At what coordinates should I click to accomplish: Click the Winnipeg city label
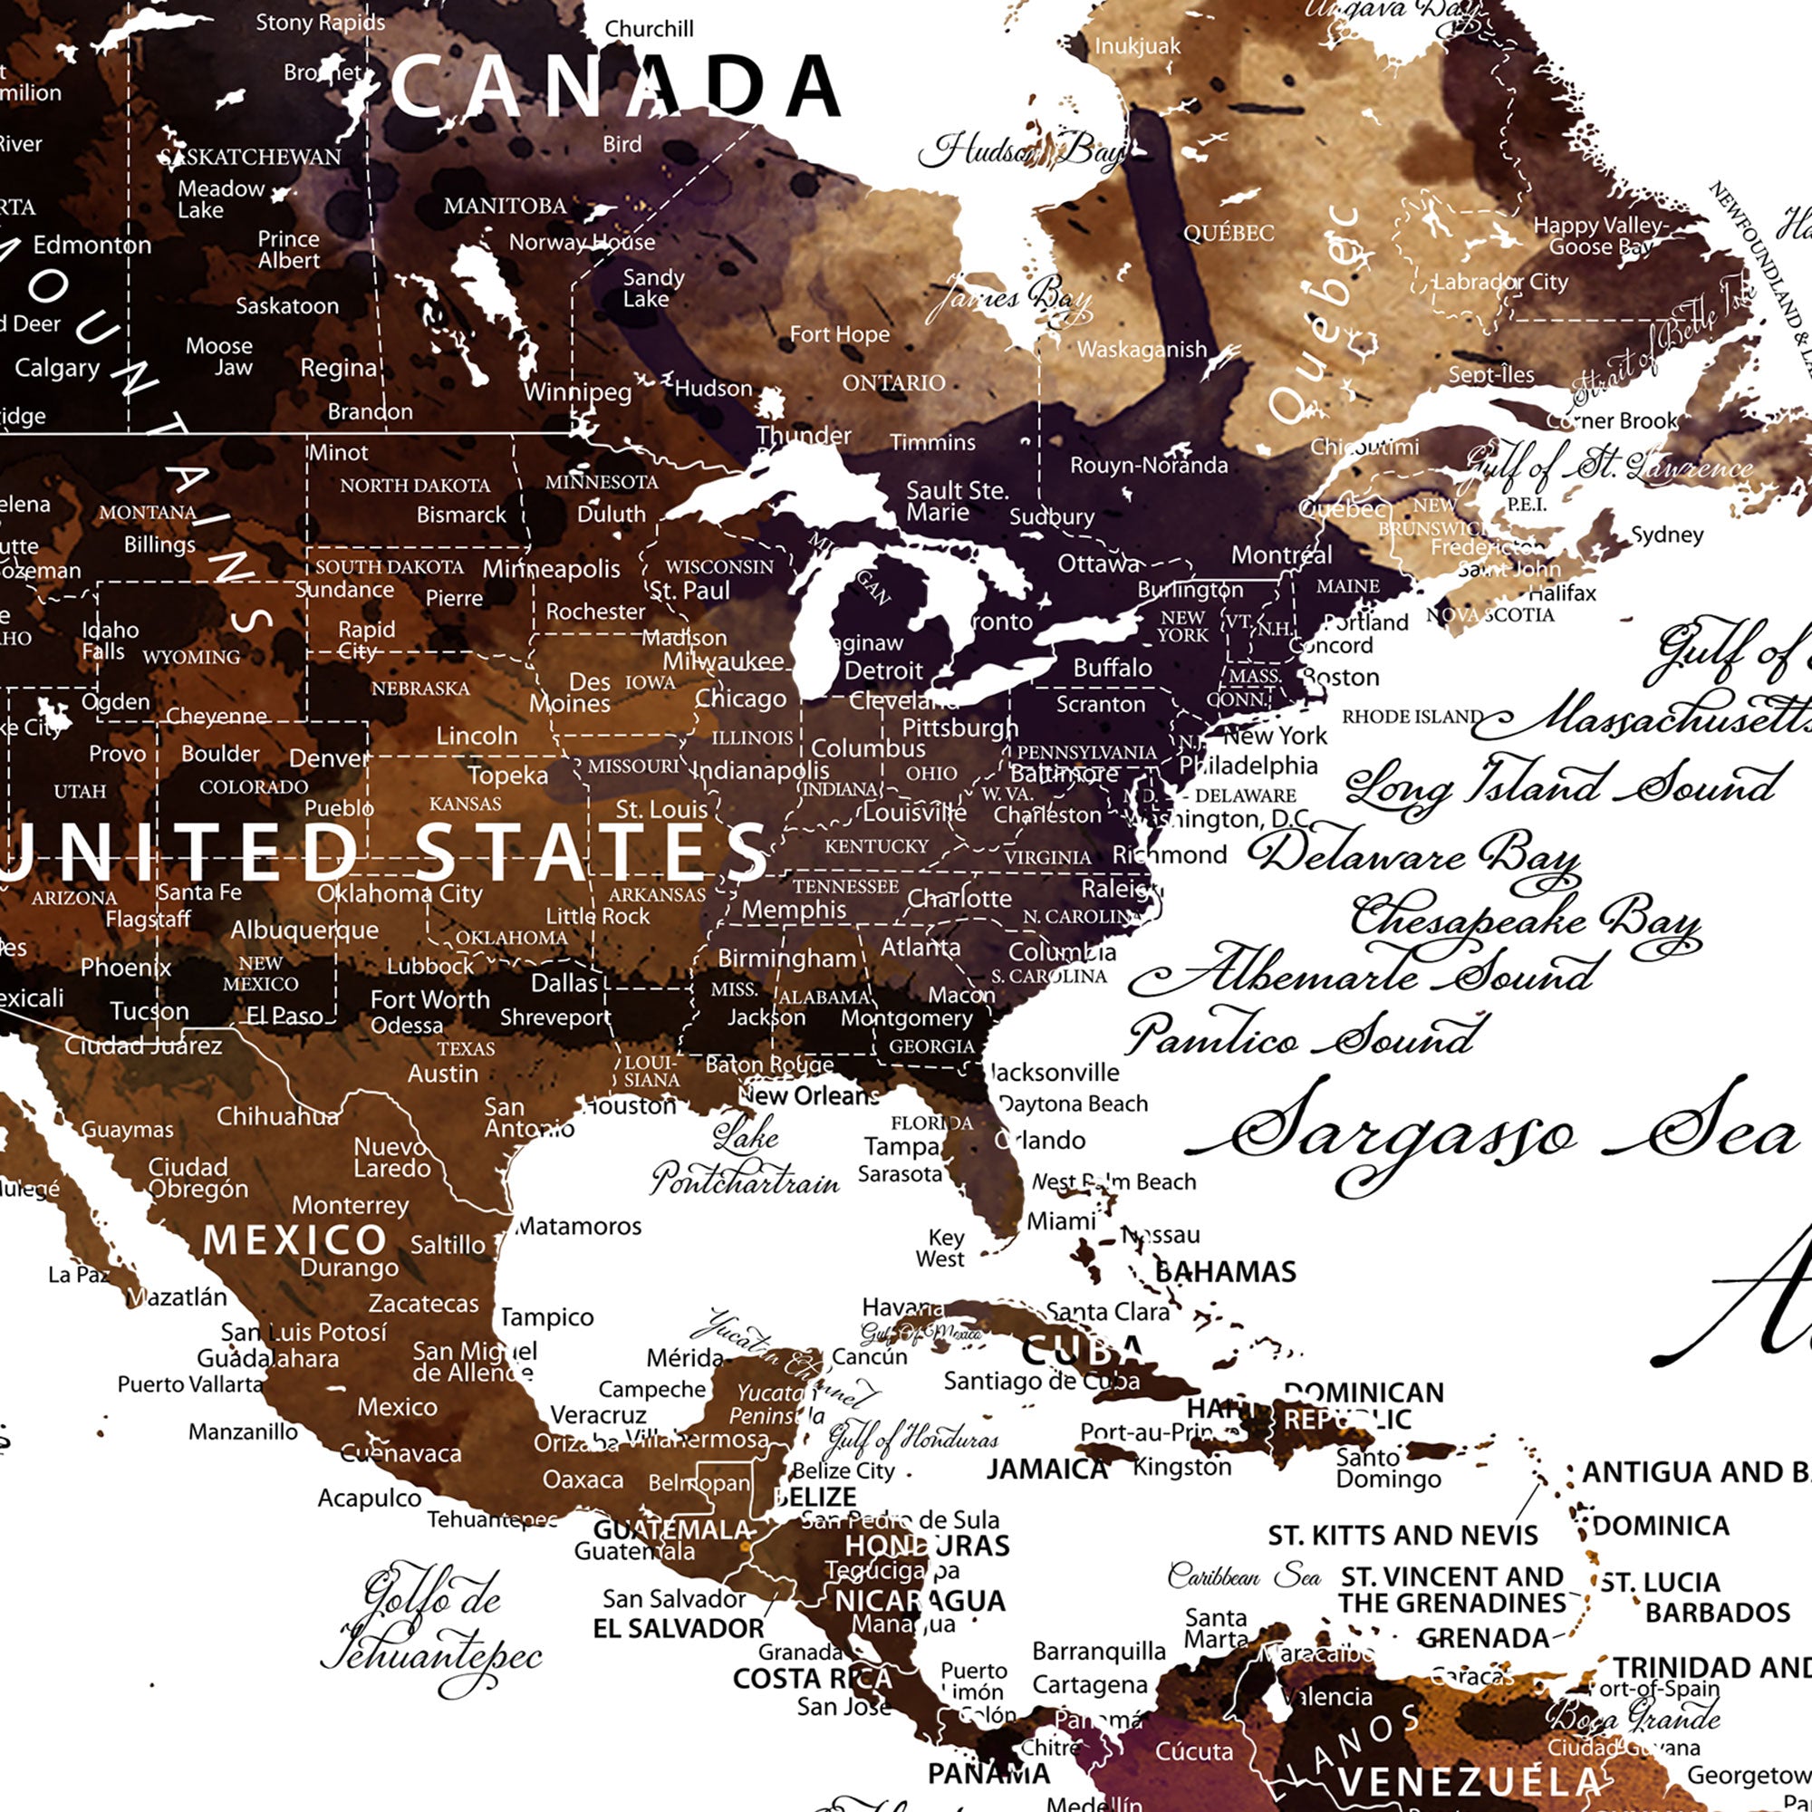(x=578, y=391)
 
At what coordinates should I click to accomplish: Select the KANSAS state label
(x=465, y=804)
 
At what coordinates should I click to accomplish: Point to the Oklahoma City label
(x=400, y=893)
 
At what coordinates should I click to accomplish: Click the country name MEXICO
(x=294, y=1241)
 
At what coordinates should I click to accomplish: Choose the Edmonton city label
(x=92, y=246)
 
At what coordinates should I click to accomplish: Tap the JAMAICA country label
(x=1046, y=1469)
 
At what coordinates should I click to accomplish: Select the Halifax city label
(x=1562, y=593)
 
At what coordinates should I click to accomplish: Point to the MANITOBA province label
(x=505, y=206)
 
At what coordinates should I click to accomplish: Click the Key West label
(x=940, y=1248)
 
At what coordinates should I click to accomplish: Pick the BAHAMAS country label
(x=1225, y=1272)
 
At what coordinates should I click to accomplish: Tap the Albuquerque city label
(x=304, y=930)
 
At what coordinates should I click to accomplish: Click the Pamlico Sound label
(x=1306, y=1035)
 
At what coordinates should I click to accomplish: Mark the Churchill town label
(x=649, y=29)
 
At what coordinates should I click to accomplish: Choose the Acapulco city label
(x=370, y=1498)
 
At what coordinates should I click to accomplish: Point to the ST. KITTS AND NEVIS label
(x=1402, y=1536)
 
